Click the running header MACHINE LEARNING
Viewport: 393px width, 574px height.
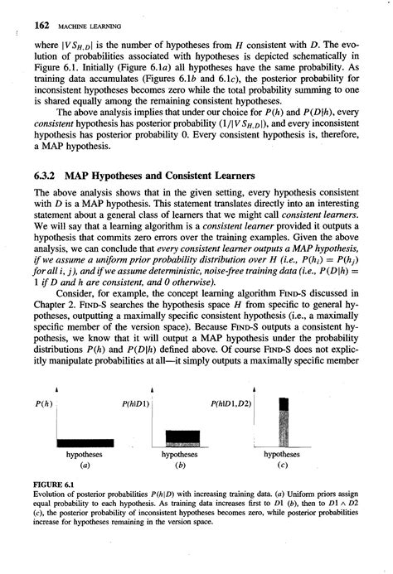click(75, 15)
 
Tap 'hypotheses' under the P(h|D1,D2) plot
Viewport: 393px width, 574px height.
click(282, 454)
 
